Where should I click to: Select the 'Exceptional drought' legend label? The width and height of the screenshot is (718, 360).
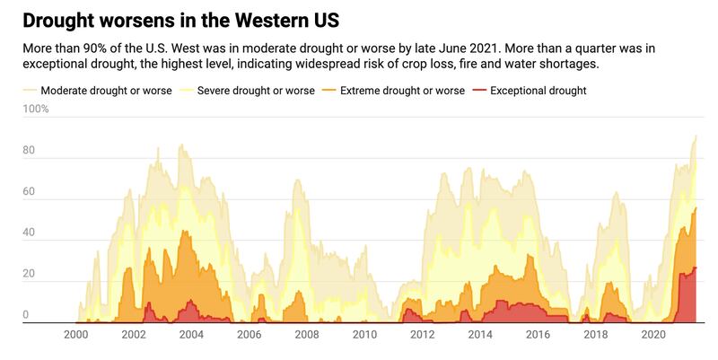[538, 91]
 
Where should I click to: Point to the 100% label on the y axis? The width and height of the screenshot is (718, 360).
[36, 110]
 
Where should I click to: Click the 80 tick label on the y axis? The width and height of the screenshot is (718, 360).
[29, 151]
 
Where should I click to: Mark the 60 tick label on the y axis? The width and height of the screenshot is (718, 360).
[29, 192]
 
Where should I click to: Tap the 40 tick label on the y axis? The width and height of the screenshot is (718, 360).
[29, 233]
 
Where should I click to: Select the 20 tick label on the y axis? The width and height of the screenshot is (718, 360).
[29, 275]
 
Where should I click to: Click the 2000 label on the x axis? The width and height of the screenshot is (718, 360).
[76, 335]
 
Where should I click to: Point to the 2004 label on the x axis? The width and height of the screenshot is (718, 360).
[191, 335]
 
